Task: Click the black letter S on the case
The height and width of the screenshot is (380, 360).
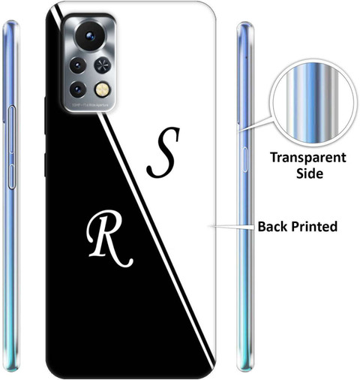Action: coord(163,152)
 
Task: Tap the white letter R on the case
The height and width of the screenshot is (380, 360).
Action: coord(109,239)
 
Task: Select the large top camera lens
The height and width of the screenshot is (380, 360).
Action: coord(90,35)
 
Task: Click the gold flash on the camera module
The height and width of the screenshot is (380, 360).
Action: coord(102,89)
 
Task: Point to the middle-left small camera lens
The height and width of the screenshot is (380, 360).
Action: coord(78,65)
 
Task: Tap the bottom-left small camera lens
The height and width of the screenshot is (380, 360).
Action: coord(78,89)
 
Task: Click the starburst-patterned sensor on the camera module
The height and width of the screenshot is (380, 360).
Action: coord(103,65)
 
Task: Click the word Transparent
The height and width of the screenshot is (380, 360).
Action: coord(308,158)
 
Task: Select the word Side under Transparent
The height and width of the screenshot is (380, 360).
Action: coord(310,173)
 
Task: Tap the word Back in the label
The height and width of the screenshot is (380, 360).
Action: coord(273,226)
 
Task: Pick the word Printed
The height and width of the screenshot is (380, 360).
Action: coord(314,227)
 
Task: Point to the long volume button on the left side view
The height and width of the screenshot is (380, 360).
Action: coord(12,129)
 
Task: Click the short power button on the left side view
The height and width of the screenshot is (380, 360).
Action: coord(12,176)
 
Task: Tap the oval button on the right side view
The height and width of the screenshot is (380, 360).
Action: coord(244,159)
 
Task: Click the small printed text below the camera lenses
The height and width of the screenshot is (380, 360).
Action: coord(90,105)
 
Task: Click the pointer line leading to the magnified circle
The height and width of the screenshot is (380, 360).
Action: coord(255,124)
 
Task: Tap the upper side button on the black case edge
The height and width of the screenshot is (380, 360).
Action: coord(45,115)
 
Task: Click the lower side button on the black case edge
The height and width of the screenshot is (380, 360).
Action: coord(45,165)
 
